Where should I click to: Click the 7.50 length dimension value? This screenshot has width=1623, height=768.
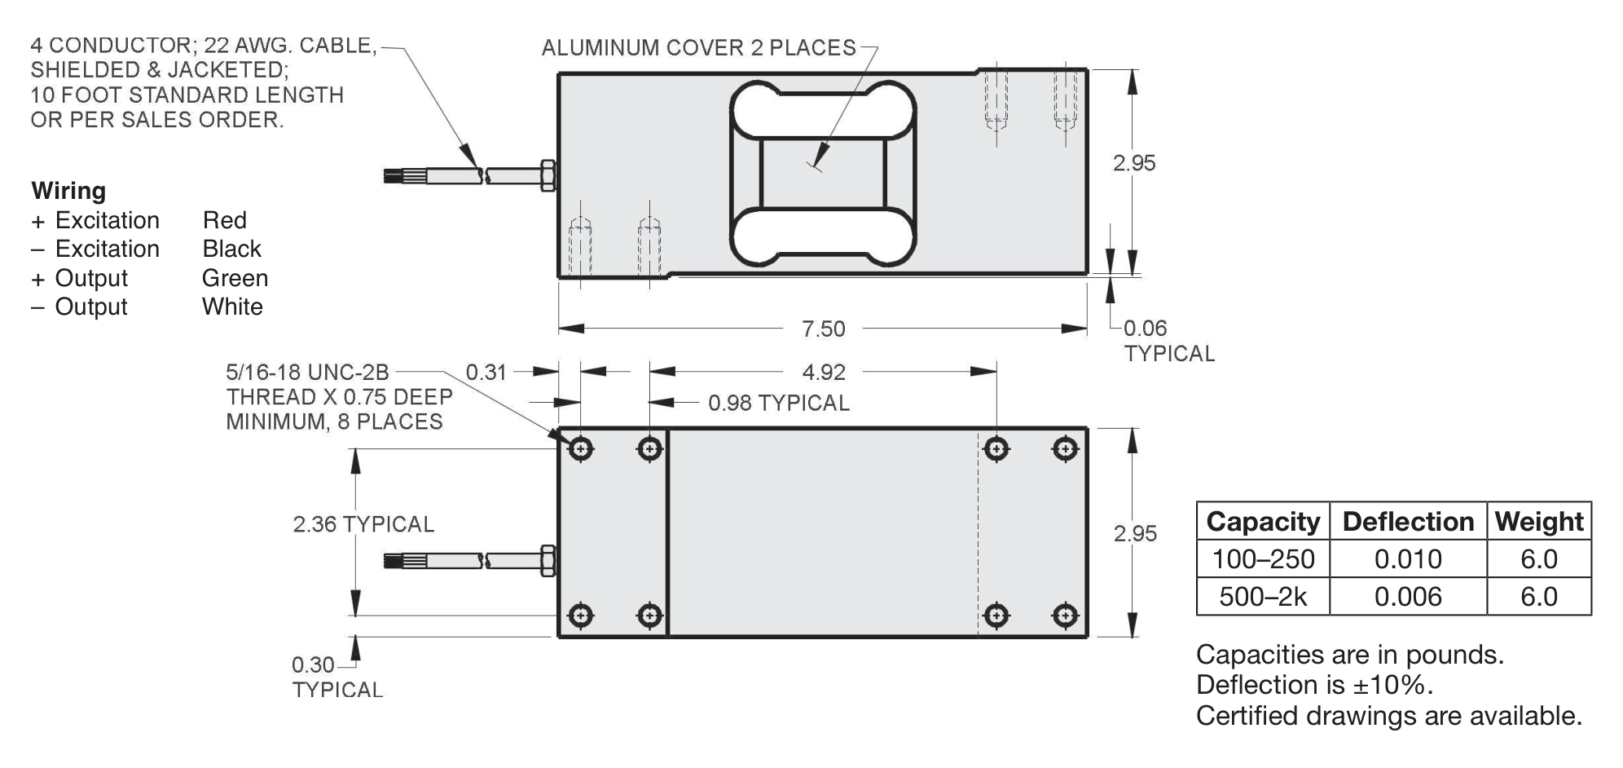click(823, 329)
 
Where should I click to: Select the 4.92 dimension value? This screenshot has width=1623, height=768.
click(824, 372)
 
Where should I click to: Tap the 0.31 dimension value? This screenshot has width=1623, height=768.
click(486, 372)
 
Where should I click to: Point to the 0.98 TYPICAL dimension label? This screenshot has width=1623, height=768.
click(778, 403)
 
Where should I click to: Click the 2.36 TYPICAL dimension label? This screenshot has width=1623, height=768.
click(363, 524)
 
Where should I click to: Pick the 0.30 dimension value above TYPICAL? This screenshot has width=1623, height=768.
click(313, 664)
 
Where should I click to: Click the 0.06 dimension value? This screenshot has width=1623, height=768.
click(1145, 329)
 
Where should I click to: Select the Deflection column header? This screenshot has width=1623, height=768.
click(1408, 521)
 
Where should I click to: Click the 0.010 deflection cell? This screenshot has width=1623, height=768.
click(1408, 559)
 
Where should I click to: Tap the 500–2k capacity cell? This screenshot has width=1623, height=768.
click(1263, 597)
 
